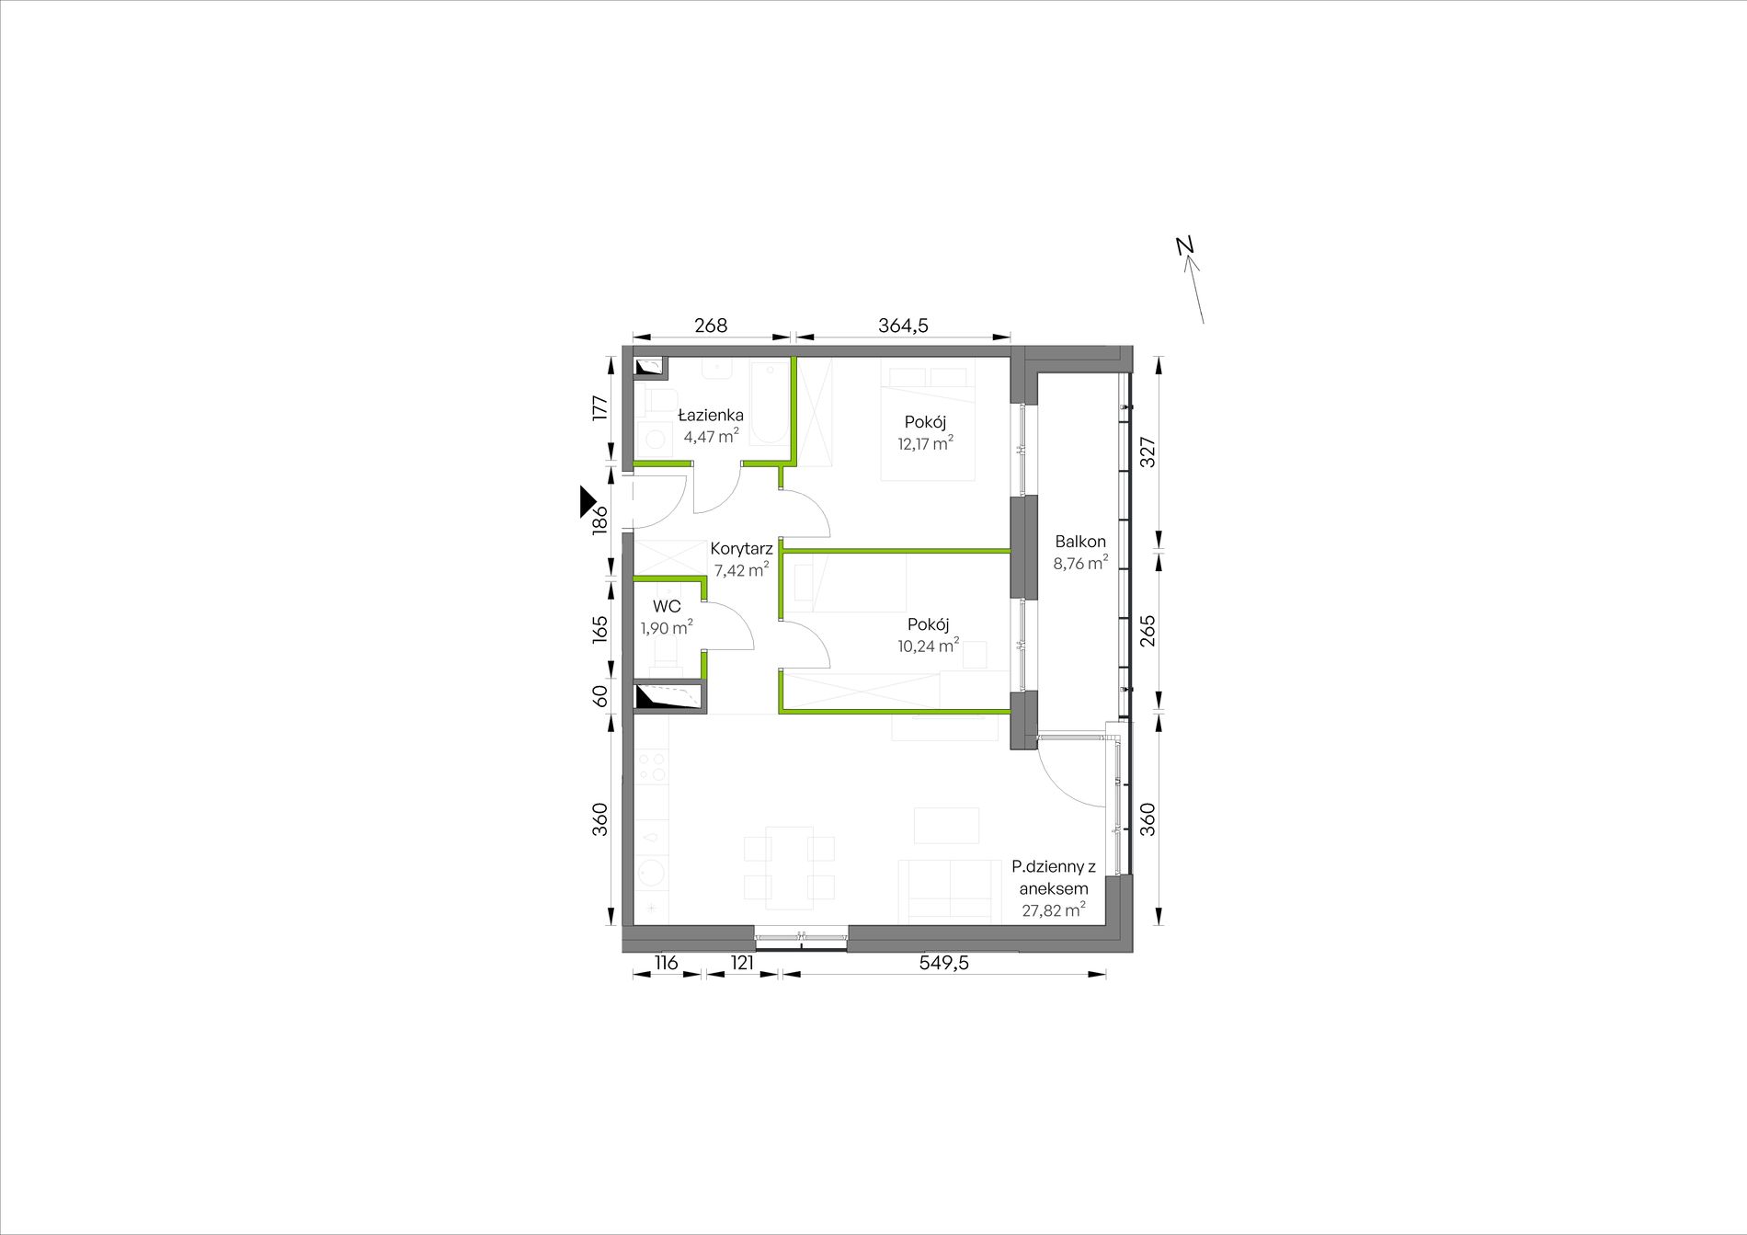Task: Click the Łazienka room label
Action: point(711,415)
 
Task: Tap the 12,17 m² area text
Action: point(925,443)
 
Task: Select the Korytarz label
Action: point(741,549)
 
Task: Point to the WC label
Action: point(667,607)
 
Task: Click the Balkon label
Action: point(1080,542)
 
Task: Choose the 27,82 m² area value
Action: point(1054,910)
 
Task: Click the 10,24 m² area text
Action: point(929,646)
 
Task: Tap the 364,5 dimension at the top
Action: point(903,325)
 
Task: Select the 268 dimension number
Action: point(711,325)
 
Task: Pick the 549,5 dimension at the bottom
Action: point(944,963)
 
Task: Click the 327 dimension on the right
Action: point(1148,452)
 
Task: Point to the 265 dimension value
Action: point(1148,631)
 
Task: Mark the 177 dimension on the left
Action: point(599,407)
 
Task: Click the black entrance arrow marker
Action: point(588,500)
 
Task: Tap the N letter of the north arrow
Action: point(1184,246)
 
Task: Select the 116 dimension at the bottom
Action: point(666,963)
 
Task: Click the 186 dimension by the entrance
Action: point(599,520)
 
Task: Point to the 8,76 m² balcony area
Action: point(1080,563)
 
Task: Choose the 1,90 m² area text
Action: point(667,628)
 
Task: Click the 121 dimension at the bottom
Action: point(742,963)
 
